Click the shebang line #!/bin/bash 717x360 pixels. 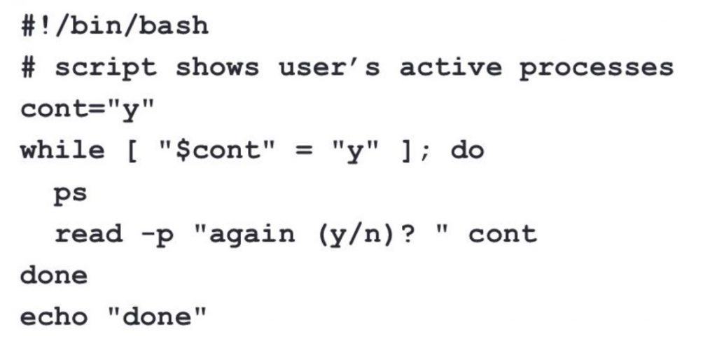[x=114, y=26]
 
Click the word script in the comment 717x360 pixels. [x=106, y=68]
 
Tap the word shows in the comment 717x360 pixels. [x=217, y=68]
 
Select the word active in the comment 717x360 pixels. [x=450, y=68]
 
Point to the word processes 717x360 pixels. [x=596, y=68]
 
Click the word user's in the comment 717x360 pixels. [x=329, y=68]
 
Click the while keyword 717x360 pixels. [x=62, y=151]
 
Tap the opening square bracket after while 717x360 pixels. [x=132, y=151]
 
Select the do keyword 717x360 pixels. [x=467, y=151]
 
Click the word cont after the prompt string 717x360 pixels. [x=502, y=233]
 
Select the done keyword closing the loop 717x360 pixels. [x=54, y=275]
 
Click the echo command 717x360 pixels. [x=54, y=317]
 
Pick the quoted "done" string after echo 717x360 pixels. [x=157, y=317]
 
